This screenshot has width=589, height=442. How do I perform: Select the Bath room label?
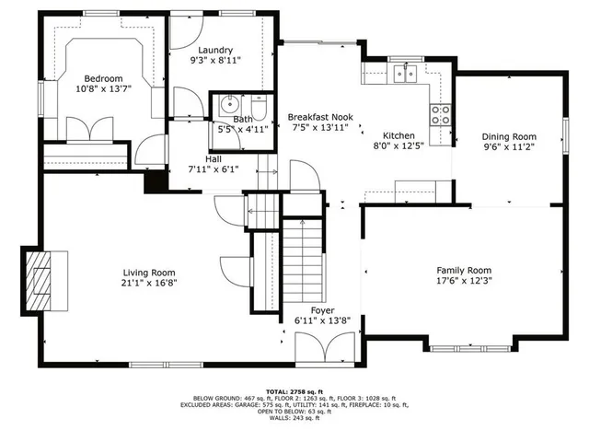[242, 119]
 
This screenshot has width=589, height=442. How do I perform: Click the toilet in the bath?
[260, 111]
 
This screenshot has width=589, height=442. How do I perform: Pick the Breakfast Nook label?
[319, 117]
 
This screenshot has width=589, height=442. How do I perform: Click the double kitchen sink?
[404, 73]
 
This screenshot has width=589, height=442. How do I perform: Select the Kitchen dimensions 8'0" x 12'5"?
[399, 145]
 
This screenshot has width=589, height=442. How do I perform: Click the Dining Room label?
[509, 135]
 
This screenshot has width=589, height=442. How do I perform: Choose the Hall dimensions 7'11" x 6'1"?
[214, 169]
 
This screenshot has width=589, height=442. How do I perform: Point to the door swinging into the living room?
[235, 268]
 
